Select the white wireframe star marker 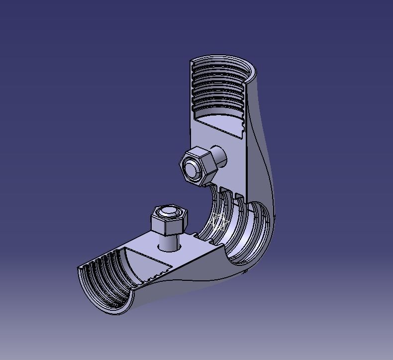click(218, 222)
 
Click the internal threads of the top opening click(219, 92)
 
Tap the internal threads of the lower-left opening click(102, 281)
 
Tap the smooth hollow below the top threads click(219, 122)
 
